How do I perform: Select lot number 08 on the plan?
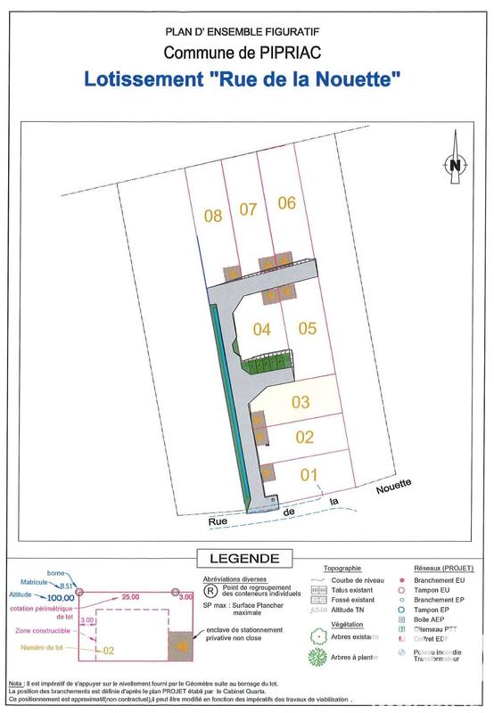pos(212,215)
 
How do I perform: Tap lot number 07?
pos(248,209)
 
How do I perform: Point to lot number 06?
pos(286,202)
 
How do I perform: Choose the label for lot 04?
pos(261,330)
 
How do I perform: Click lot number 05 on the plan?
pos(308,328)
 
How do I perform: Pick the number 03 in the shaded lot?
pos(300,402)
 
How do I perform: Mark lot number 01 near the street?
pos(309,473)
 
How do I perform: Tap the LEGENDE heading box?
pos(243,559)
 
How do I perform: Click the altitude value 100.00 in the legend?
pos(56,597)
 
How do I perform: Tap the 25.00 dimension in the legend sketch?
pos(131,596)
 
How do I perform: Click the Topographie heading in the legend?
pos(342,568)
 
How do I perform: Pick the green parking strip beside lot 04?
pos(269,362)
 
